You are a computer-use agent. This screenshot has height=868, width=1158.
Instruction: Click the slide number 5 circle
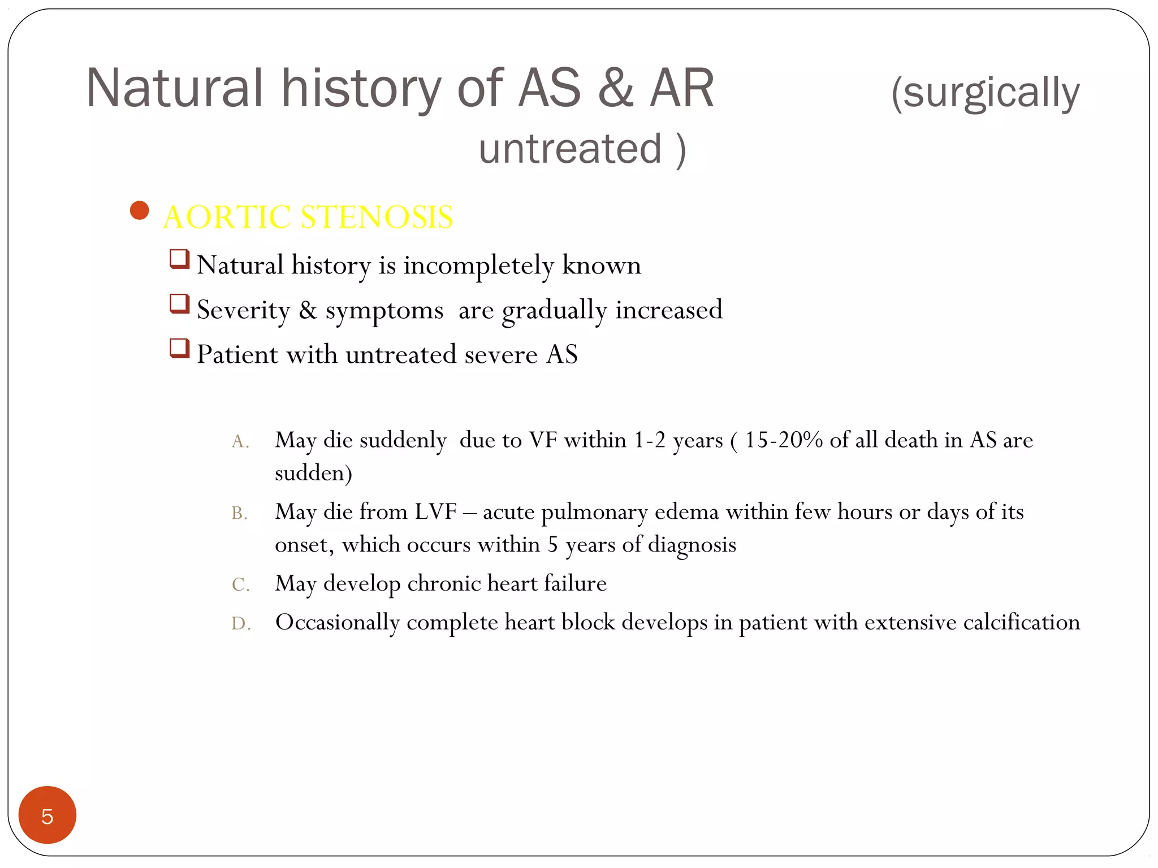click(x=47, y=815)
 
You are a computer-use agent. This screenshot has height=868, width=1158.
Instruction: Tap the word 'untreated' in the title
click(x=570, y=149)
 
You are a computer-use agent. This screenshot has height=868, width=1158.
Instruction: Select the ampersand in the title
click(x=615, y=88)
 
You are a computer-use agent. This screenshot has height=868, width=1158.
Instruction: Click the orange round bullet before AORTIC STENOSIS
click(x=139, y=211)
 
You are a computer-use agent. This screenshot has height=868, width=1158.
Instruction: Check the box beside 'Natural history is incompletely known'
click(x=179, y=259)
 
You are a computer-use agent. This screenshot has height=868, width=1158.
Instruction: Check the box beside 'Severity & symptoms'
click(x=179, y=304)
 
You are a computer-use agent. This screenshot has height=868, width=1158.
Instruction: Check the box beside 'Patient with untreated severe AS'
click(x=179, y=348)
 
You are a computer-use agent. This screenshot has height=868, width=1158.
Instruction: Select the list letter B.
click(x=239, y=513)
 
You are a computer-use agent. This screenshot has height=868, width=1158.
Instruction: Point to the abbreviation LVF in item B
click(x=435, y=512)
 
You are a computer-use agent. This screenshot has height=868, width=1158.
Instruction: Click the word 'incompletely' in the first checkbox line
click(x=478, y=266)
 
